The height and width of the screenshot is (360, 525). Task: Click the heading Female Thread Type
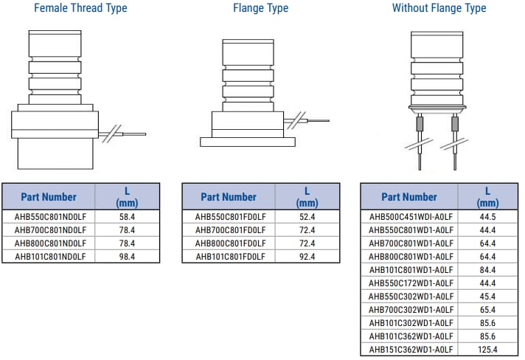point(80,8)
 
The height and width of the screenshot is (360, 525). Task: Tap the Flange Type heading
point(260,8)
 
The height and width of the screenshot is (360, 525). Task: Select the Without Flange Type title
point(439,8)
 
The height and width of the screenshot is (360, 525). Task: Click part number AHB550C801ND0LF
point(50,217)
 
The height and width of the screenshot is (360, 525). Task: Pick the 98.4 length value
point(127,257)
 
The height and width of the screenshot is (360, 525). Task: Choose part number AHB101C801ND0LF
point(50,257)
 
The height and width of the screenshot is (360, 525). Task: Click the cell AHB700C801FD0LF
point(230,230)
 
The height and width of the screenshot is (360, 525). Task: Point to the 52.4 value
point(307,217)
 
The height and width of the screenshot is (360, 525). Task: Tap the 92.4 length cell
point(307,257)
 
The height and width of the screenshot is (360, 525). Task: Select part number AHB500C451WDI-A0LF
point(410,217)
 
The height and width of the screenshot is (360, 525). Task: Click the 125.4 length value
point(487,349)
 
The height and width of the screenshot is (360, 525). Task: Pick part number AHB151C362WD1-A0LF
point(410,349)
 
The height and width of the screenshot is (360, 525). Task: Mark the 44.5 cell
point(487,217)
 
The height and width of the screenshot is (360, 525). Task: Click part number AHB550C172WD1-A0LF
point(410,283)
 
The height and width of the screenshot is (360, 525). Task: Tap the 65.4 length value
point(487,310)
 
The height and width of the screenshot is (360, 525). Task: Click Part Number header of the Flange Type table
point(229,197)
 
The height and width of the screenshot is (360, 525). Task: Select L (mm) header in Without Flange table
point(487,197)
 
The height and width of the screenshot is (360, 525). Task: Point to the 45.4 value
point(487,297)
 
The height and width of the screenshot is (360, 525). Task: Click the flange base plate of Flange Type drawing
point(248,142)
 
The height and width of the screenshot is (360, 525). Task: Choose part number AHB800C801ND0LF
point(50,243)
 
